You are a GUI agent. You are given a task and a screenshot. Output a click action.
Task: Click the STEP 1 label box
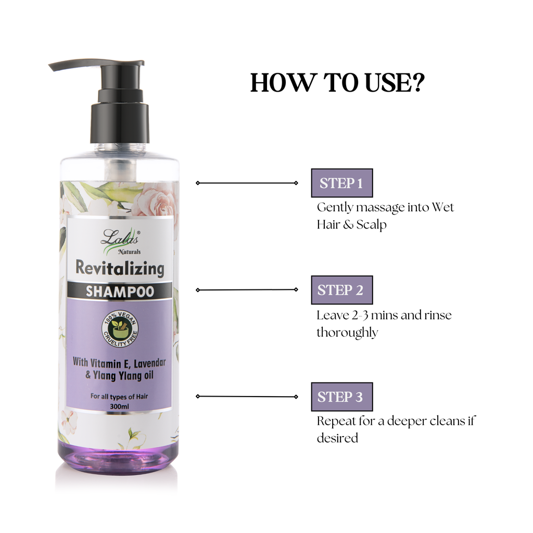point(341,183)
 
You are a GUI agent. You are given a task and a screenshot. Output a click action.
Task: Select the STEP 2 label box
point(341,290)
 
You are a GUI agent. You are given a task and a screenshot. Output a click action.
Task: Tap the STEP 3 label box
point(341,397)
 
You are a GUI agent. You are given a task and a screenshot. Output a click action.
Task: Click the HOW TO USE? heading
point(337,83)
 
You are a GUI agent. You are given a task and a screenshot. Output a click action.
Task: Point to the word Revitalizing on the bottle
point(120,269)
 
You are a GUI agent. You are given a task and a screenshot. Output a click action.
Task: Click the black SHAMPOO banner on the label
point(120,291)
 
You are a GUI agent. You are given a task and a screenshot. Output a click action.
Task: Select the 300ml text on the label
point(119,405)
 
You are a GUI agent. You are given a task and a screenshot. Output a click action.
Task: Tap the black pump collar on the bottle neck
point(120,123)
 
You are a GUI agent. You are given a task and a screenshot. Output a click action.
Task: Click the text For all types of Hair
point(119,397)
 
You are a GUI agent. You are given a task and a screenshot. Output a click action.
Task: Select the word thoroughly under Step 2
point(347,333)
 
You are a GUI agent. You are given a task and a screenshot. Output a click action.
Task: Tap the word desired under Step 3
point(337,438)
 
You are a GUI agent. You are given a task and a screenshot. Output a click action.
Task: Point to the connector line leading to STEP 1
point(247,183)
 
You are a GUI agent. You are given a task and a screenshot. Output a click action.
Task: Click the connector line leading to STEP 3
point(247,396)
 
